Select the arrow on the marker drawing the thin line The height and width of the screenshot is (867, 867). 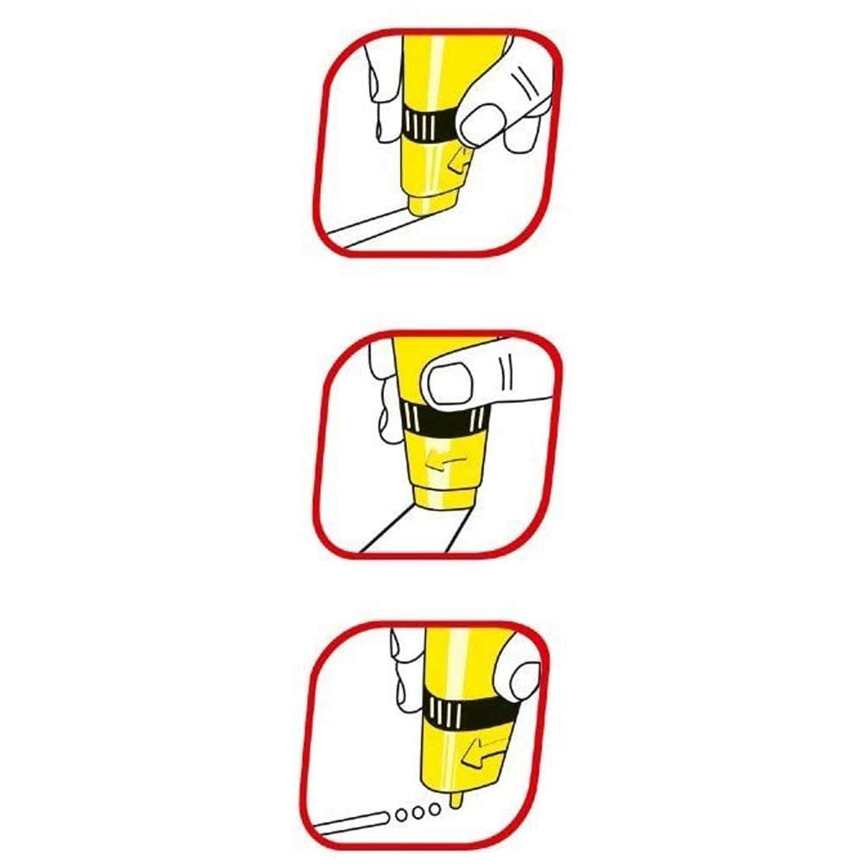(x=460, y=160)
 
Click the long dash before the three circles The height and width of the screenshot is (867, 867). (x=354, y=820)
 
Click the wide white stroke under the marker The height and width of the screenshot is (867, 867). (x=414, y=531)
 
